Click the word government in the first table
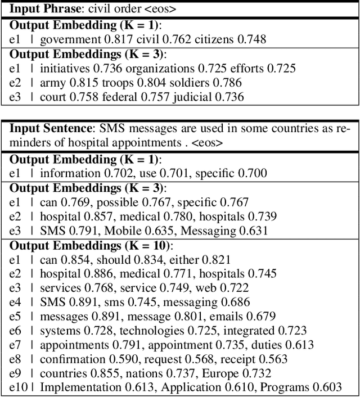[x=69, y=39]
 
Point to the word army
[x=52, y=83]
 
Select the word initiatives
[x=65, y=69]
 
